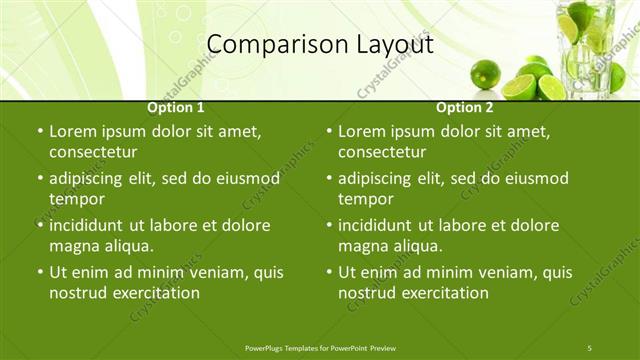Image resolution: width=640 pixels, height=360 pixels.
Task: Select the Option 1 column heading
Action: click(176, 107)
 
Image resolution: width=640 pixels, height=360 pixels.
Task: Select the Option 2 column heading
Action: click(465, 107)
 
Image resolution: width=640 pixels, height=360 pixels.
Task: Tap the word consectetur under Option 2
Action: click(382, 152)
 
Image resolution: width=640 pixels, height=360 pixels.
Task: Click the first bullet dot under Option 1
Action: click(39, 131)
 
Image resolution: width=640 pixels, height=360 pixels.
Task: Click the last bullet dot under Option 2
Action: click(329, 272)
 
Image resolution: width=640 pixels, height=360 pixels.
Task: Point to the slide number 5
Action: click(589, 347)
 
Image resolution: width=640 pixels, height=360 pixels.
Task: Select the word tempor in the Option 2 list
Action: click(366, 199)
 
